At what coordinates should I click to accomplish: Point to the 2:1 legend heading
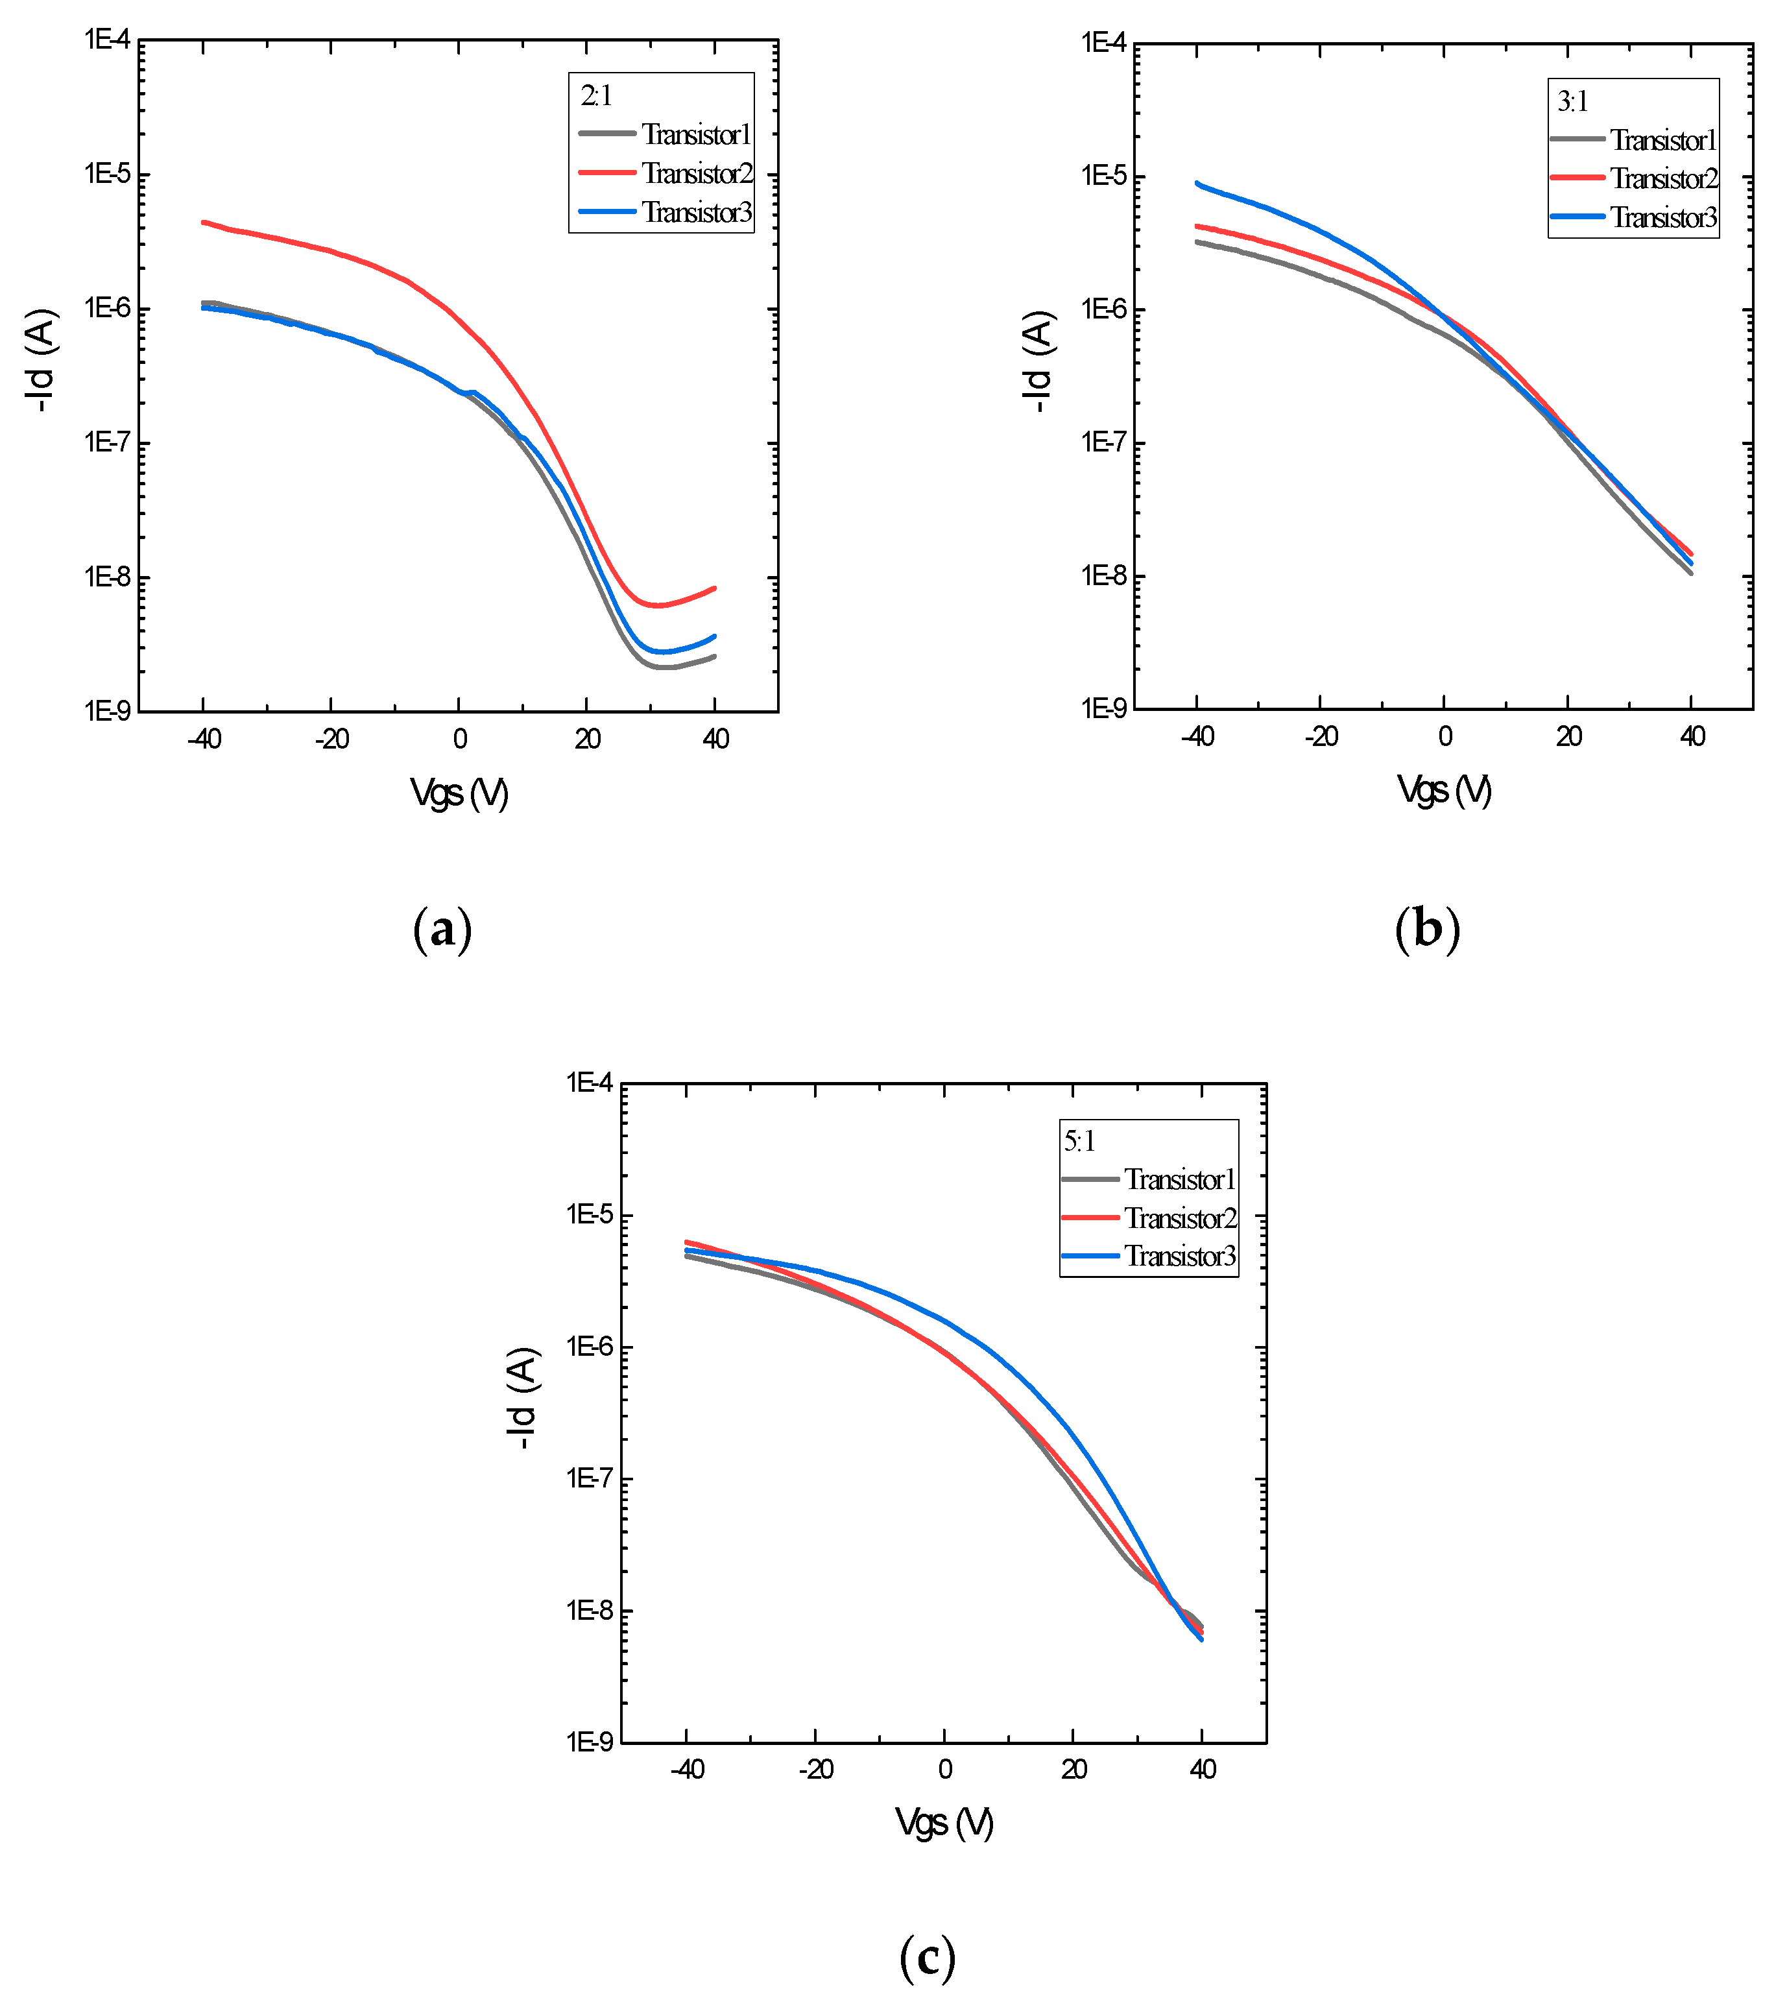point(595,95)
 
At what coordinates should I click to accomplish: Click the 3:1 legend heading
point(1573,101)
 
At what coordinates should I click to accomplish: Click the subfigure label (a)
point(442,929)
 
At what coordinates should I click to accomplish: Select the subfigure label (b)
point(1427,929)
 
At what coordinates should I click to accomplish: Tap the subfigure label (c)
point(927,1957)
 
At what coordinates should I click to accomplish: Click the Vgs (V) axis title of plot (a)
point(459,792)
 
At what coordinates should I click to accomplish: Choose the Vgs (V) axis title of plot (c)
point(944,1823)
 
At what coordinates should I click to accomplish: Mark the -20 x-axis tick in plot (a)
point(331,739)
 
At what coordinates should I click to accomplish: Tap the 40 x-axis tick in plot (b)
point(1692,736)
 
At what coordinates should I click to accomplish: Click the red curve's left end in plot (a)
point(204,222)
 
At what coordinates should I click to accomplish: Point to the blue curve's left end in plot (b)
point(1197,183)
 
